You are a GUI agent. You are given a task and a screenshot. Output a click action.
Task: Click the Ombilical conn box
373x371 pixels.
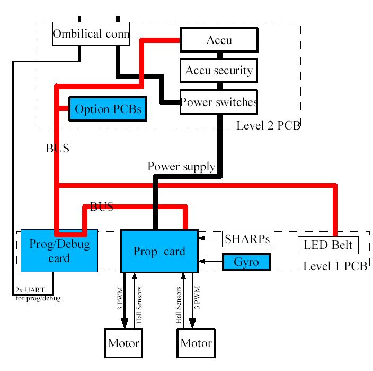[91, 34]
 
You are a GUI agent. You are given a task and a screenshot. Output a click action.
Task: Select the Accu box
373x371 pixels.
[219, 40]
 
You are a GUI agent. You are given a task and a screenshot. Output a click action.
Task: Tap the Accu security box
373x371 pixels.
[219, 71]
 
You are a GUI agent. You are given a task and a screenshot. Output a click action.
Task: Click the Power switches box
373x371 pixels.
[219, 102]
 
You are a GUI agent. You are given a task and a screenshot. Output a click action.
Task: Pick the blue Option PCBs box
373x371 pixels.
[108, 109]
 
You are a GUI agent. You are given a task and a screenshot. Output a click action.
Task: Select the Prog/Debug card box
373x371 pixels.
[59, 251]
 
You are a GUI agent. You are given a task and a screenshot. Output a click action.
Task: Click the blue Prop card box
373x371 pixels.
[159, 251]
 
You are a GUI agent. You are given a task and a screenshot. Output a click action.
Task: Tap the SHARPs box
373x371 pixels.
[247, 239]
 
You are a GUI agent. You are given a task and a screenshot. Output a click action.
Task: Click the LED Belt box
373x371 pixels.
[327, 245]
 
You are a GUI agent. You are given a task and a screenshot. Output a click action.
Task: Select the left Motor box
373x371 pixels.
[123, 343]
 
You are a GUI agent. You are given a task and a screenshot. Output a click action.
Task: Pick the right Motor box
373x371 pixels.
[196, 343]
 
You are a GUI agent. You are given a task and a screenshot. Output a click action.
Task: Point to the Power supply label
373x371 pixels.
[181, 167]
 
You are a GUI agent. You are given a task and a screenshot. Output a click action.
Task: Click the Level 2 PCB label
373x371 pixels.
[269, 126]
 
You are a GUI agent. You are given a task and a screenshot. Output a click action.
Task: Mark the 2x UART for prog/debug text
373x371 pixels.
[38, 296]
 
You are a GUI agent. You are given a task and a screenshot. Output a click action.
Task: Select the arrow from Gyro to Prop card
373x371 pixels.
[210, 262]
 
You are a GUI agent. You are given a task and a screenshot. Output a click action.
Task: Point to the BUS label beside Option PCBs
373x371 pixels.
[58, 149]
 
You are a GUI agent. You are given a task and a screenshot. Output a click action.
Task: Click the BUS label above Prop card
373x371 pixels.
[102, 207]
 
